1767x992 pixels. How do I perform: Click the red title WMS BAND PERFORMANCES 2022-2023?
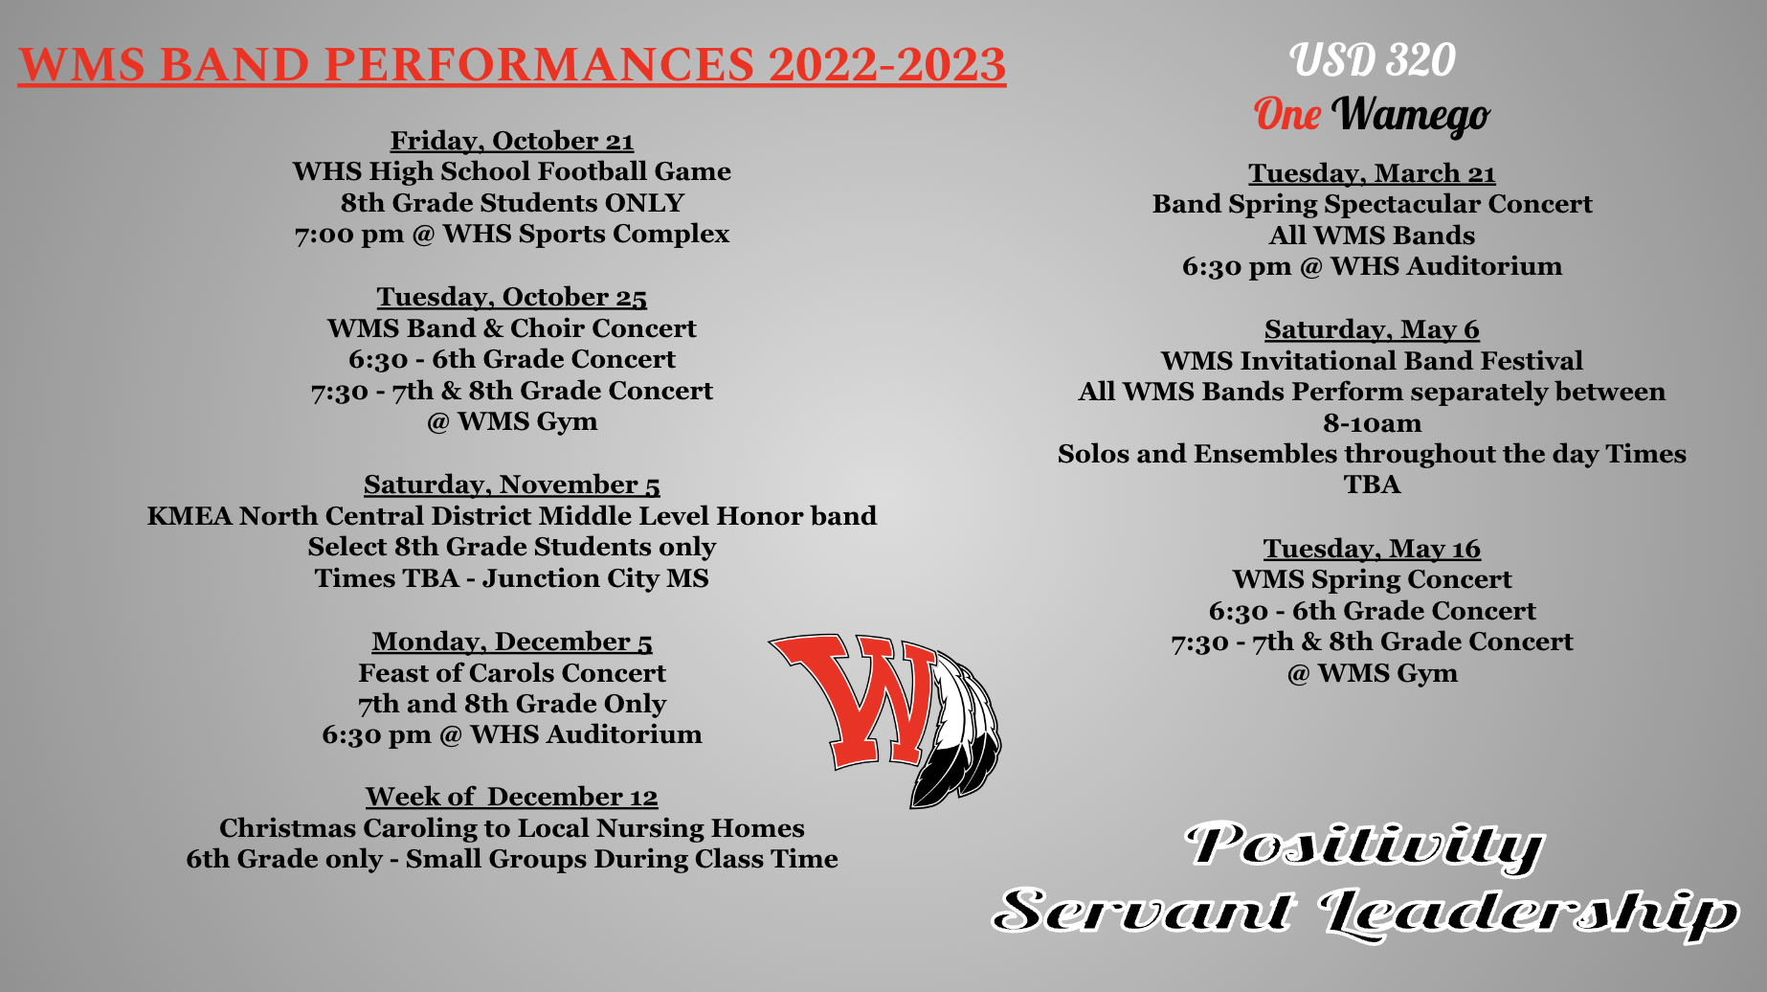coord(512,64)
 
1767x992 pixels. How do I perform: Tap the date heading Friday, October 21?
coord(512,141)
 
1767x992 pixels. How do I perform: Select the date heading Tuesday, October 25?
coord(512,297)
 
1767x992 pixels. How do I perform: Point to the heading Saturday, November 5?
coord(512,485)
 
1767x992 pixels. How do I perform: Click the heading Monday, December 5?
coord(512,642)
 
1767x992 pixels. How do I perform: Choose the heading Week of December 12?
coord(512,797)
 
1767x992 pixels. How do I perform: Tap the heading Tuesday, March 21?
coord(1372,173)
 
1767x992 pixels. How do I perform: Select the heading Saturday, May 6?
coord(1372,329)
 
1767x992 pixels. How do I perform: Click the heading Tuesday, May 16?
coord(1372,549)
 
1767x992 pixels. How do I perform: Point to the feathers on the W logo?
coord(957,728)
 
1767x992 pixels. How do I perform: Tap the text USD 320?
coord(1372,60)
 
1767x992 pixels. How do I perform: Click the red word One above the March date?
coord(1287,114)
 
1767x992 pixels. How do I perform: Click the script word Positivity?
coord(1364,846)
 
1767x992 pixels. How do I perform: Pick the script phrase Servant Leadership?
coord(1365,912)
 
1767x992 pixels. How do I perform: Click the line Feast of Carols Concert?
coord(512,673)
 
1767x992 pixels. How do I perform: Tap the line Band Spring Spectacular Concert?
coord(1372,204)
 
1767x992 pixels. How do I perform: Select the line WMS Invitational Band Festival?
coord(1372,361)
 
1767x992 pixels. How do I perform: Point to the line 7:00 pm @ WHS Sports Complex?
coord(512,234)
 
